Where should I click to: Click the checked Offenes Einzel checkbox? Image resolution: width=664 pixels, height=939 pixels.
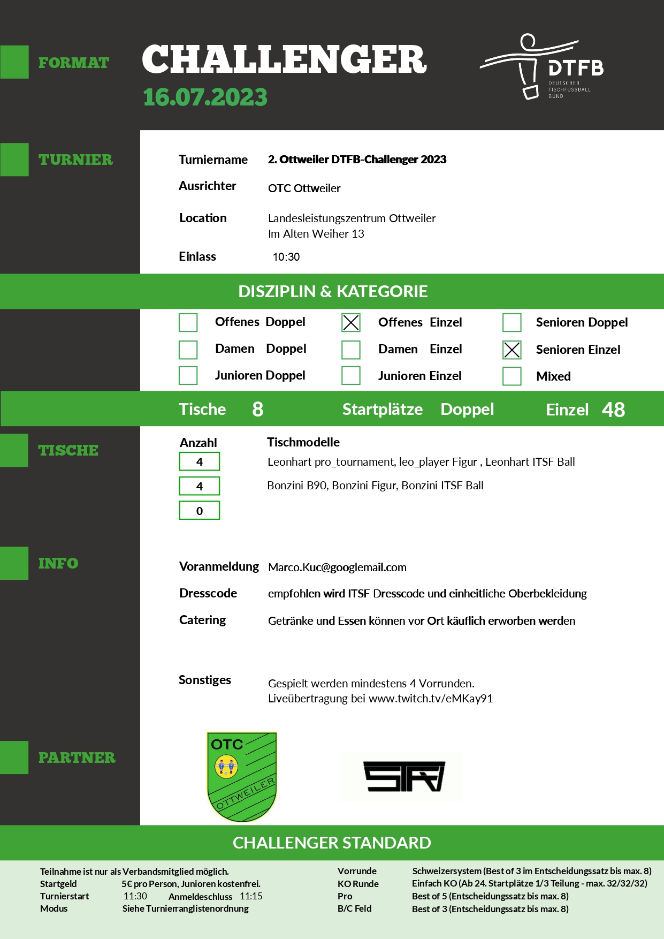click(x=351, y=322)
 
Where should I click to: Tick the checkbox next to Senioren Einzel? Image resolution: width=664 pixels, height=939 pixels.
click(x=512, y=350)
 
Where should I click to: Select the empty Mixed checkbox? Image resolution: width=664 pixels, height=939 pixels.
click(x=512, y=376)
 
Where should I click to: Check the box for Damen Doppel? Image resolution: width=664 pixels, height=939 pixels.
click(x=188, y=350)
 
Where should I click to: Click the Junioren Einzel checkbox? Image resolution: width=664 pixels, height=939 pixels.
click(x=351, y=375)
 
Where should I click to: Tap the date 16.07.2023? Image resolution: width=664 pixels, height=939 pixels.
click(x=205, y=97)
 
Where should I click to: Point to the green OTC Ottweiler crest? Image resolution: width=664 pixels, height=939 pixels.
click(x=242, y=776)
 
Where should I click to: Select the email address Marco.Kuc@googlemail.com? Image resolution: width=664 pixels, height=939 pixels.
click(x=337, y=567)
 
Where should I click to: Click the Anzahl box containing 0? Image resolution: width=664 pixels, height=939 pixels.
click(x=199, y=511)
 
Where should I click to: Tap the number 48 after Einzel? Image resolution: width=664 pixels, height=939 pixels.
click(x=613, y=410)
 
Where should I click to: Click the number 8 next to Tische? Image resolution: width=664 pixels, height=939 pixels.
click(x=257, y=409)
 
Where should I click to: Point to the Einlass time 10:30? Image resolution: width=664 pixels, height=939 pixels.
click(x=286, y=257)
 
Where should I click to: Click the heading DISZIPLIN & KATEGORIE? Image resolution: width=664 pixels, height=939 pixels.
click(x=333, y=291)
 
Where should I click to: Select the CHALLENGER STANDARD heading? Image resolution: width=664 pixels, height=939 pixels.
click(x=332, y=843)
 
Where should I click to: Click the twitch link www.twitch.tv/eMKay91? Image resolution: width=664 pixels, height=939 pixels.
click(x=431, y=699)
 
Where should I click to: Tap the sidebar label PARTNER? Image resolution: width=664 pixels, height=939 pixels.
click(x=77, y=758)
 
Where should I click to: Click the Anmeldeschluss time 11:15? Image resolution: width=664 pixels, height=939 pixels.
click(x=251, y=896)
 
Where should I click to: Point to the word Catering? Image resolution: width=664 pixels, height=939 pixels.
click(x=202, y=620)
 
